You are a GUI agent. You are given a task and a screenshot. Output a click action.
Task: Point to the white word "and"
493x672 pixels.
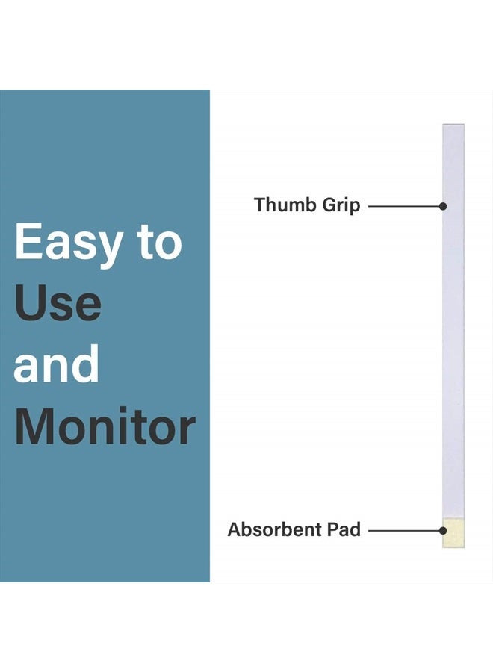click(56, 365)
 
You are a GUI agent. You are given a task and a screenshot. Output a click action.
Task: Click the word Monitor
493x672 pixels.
click(105, 427)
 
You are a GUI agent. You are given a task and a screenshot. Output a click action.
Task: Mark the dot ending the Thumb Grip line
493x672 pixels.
click(443, 205)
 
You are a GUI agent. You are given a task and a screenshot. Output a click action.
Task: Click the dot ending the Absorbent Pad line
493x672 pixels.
click(443, 531)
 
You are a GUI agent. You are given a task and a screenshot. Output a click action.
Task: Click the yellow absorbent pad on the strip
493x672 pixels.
click(453, 533)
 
